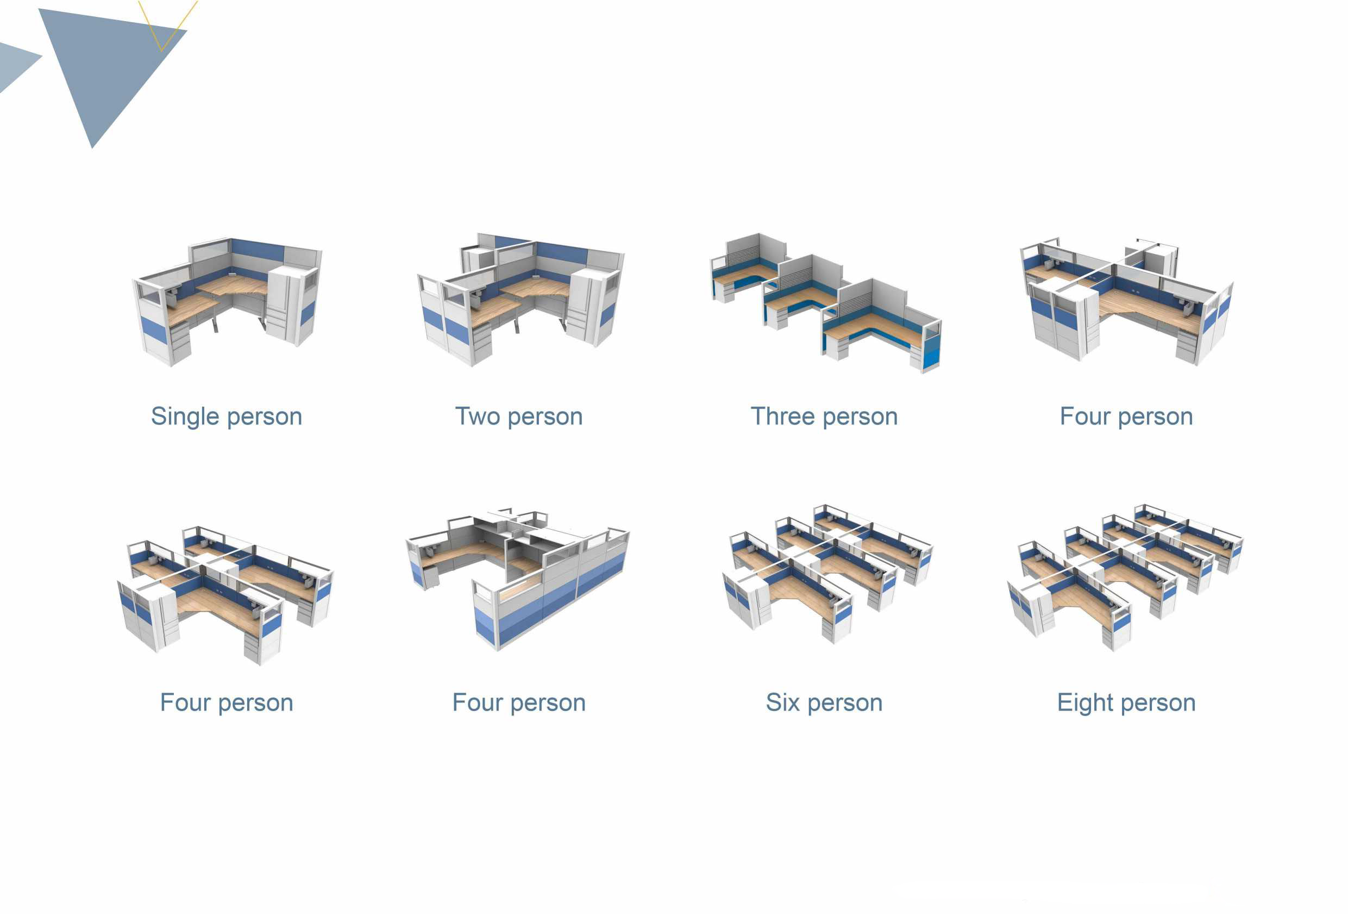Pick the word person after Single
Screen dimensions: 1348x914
click(x=265, y=417)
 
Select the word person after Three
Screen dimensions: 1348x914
click(x=860, y=417)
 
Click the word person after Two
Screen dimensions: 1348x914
click(x=546, y=417)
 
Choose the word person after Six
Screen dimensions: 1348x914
click(x=845, y=703)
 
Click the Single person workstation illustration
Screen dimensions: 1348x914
click(x=227, y=301)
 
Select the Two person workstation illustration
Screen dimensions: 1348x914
click(x=521, y=300)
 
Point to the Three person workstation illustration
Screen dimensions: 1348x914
click(x=825, y=303)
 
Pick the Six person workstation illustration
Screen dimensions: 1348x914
click(x=827, y=574)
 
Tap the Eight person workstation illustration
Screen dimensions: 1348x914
click(x=1125, y=577)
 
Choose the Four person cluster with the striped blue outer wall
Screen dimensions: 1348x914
click(x=517, y=579)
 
